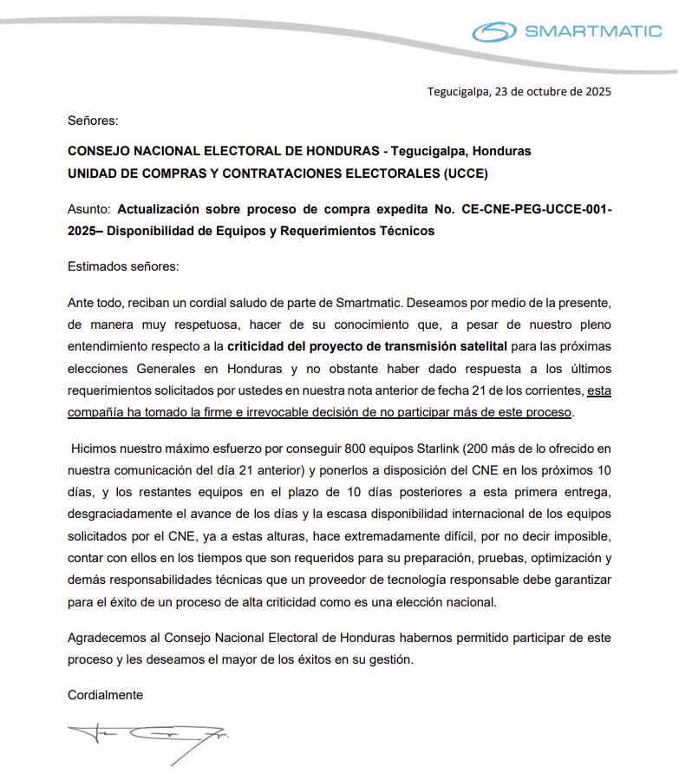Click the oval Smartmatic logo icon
click(x=495, y=32)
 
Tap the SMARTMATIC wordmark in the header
click(x=593, y=33)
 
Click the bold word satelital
click(x=480, y=346)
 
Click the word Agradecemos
click(x=104, y=638)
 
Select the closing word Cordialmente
click(x=105, y=695)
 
